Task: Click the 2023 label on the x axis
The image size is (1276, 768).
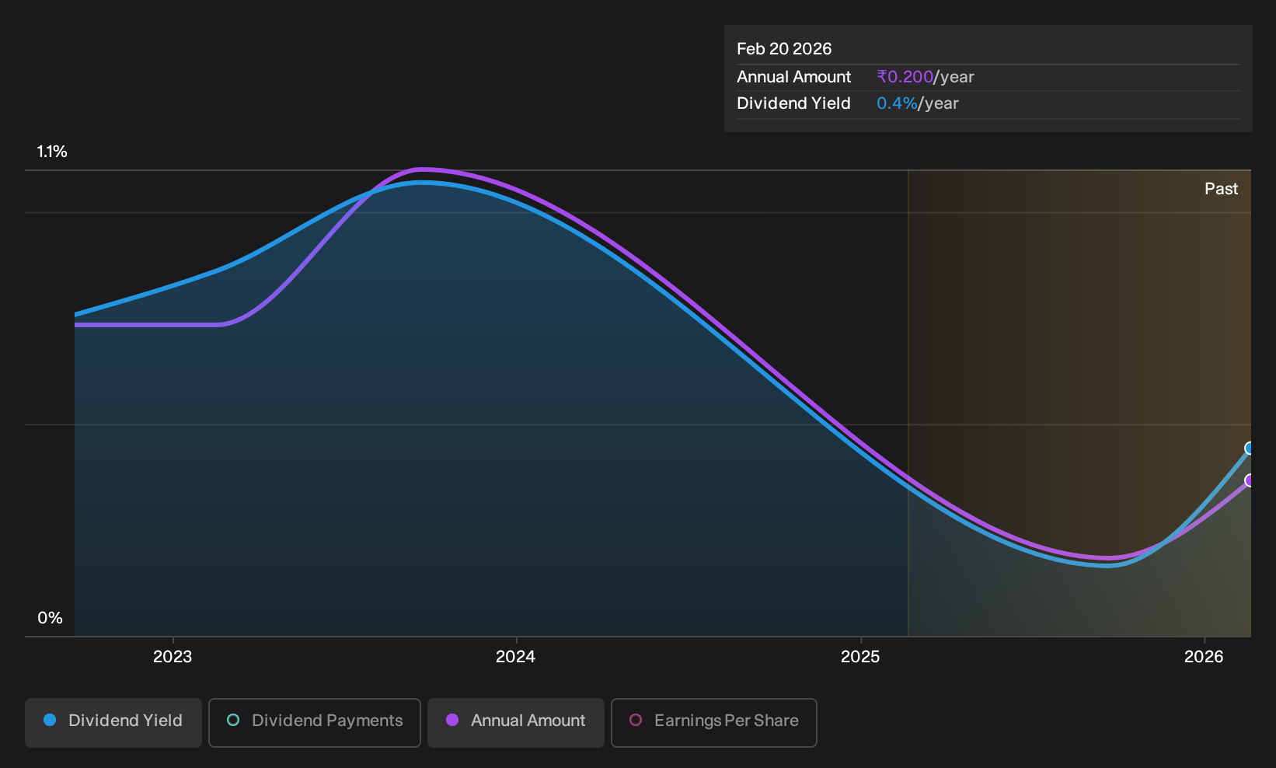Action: coord(173,657)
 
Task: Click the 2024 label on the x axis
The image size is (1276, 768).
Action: coord(515,657)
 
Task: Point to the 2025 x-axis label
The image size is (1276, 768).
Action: coord(860,657)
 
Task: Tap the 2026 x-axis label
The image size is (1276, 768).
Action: coord(1204,657)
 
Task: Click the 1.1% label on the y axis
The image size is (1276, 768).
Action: coord(52,152)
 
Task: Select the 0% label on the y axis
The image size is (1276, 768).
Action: coord(51,618)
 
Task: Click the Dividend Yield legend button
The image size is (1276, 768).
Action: coord(113,722)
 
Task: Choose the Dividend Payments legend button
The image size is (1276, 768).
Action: coord(315,722)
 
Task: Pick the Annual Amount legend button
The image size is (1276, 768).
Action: coord(515,722)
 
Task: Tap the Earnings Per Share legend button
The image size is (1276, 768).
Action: coord(713,722)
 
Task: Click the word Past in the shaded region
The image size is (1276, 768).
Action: coord(1221,189)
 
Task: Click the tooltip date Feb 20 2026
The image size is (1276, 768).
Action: coord(784,49)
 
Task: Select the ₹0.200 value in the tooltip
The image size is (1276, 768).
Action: coord(905,77)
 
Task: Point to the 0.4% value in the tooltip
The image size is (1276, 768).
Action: coord(897,103)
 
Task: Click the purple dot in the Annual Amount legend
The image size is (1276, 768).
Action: coord(451,720)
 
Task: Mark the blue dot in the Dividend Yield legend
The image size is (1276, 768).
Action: coord(50,720)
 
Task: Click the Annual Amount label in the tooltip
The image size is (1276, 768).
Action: coord(793,77)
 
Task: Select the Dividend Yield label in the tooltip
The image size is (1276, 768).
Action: coord(793,103)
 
